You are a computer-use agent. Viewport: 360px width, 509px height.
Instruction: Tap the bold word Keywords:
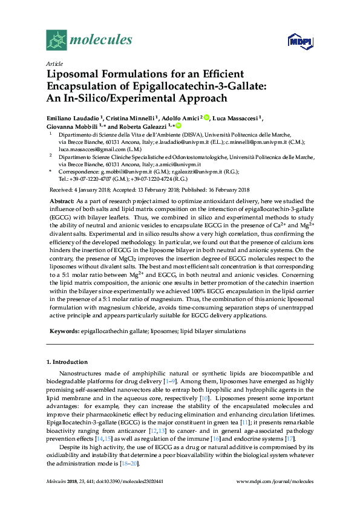[x=63, y=331]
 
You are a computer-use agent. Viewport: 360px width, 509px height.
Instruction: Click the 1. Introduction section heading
[x=67, y=361]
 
